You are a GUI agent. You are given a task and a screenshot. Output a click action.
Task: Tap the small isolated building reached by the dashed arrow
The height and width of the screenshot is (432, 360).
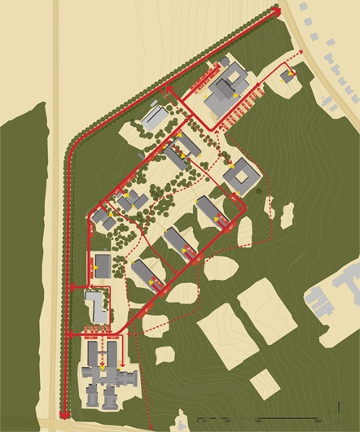[288, 76]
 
